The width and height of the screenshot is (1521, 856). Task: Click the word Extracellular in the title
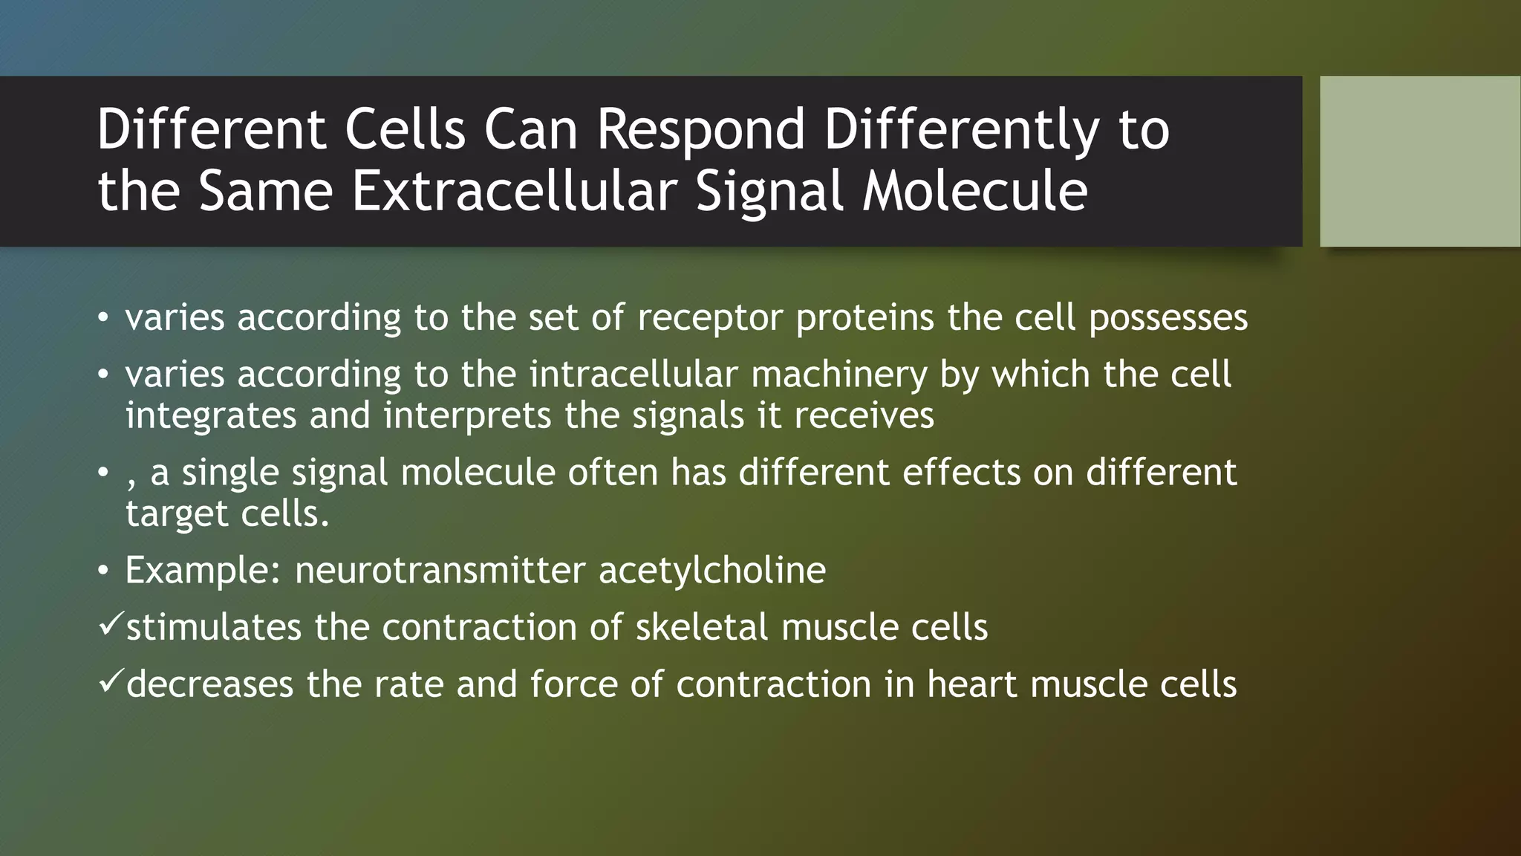pyautogui.click(x=513, y=191)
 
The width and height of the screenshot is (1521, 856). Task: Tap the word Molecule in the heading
pyautogui.click(x=974, y=191)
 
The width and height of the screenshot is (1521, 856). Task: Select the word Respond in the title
pyautogui.click(x=701, y=129)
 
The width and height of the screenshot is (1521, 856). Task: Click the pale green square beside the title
pyautogui.click(x=1420, y=161)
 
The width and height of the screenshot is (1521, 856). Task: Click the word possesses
pyautogui.click(x=1167, y=318)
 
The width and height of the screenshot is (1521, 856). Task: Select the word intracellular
pyautogui.click(x=634, y=374)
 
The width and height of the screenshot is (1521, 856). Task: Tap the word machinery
pyautogui.click(x=838, y=374)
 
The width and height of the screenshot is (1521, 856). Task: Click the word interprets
pyautogui.click(x=467, y=415)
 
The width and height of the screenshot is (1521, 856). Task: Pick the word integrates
pyautogui.click(x=211, y=415)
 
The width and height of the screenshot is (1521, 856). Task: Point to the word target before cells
pyautogui.click(x=176, y=514)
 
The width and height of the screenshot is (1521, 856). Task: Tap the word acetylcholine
pyautogui.click(x=711, y=571)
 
